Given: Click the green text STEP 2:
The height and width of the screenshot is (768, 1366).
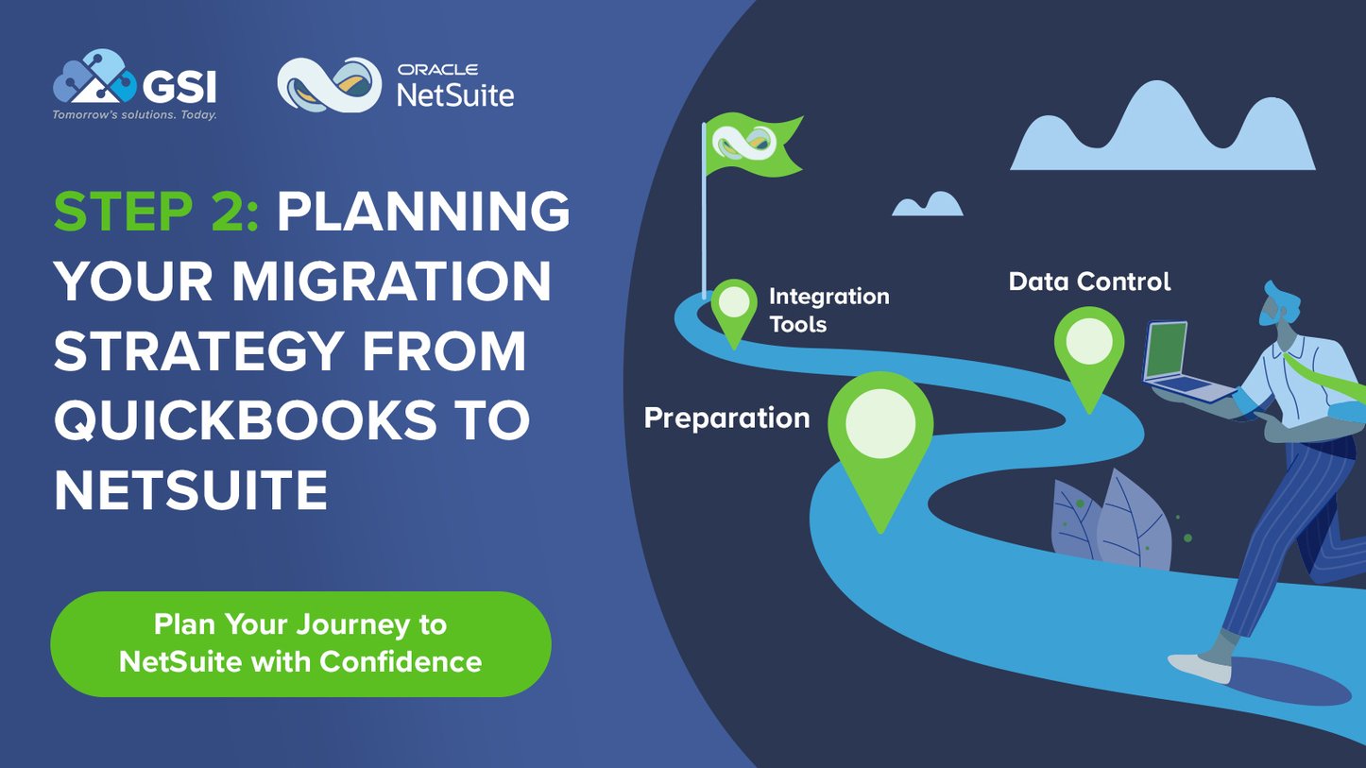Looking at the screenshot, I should (x=156, y=212).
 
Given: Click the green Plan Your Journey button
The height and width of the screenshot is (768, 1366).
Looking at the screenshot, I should (x=300, y=643).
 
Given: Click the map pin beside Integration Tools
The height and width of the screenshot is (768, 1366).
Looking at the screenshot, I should (x=734, y=308).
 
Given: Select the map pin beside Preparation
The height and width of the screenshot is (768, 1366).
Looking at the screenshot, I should (x=880, y=434).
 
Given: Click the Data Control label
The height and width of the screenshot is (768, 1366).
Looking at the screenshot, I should (x=1089, y=282).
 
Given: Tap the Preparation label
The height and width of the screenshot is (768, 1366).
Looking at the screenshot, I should (x=726, y=418).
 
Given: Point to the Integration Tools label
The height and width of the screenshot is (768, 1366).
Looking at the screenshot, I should (x=828, y=310).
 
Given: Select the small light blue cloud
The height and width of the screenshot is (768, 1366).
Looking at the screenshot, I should (x=927, y=204).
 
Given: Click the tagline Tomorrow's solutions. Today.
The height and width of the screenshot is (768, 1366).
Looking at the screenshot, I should (x=134, y=115).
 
